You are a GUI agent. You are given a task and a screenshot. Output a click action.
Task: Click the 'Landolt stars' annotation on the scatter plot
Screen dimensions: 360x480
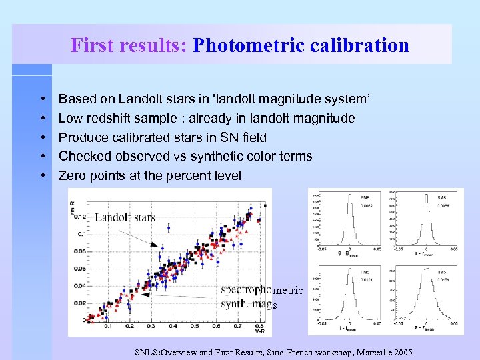pos(125,217)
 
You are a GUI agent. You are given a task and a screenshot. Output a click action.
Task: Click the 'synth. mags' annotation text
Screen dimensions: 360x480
pos(248,305)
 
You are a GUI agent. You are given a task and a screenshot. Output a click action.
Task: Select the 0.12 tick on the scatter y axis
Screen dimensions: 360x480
pos(79,217)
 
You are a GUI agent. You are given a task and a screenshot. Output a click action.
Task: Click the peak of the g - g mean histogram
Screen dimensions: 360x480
pos(347,200)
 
